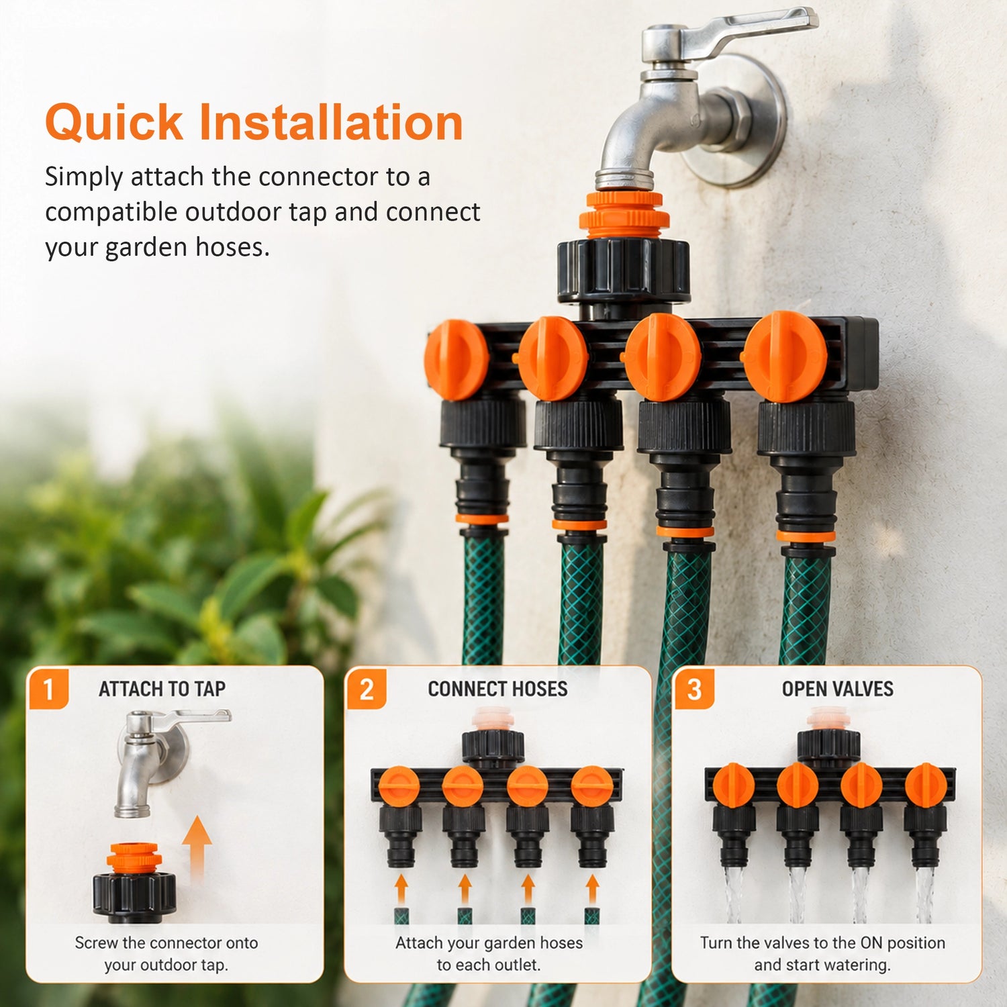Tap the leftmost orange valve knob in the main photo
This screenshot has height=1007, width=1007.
(457, 360)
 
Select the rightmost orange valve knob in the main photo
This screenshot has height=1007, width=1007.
(784, 356)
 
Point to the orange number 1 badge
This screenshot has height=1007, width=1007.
(48, 689)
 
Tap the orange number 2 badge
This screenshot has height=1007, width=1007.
(367, 689)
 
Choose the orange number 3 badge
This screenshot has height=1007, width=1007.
(694, 689)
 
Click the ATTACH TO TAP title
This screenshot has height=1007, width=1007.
(162, 689)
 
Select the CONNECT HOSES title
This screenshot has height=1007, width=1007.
(497, 689)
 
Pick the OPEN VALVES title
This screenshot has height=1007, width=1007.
(837, 689)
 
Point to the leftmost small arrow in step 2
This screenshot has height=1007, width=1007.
(401, 889)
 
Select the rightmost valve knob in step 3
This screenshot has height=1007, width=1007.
(926, 785)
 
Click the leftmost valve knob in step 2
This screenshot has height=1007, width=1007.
(399, 786)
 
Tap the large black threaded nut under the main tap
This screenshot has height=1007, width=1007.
(624, 270)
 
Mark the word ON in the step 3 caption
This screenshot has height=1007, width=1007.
(871, 943)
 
